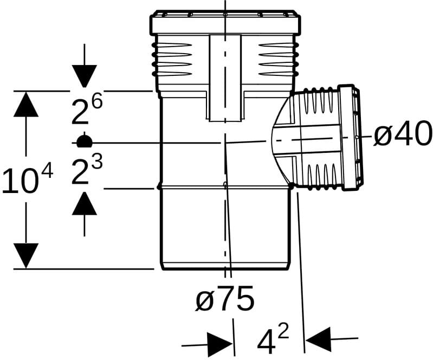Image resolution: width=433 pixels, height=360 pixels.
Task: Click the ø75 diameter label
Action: click(225, 298)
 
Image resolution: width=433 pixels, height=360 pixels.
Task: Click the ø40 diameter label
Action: click(403, 134)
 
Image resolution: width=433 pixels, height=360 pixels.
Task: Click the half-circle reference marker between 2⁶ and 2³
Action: click(84, 140)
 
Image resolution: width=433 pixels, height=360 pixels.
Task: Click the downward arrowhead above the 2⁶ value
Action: click(84, 76)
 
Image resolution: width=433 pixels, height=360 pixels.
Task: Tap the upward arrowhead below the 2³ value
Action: click(84, 203)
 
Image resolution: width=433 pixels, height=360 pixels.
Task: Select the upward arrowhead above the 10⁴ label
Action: click(25, 104)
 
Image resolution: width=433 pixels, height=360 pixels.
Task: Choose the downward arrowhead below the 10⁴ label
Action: click(25, 255)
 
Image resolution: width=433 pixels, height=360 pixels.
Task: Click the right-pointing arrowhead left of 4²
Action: click(220, 344)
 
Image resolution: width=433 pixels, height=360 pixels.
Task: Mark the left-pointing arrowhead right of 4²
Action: click(318, 339)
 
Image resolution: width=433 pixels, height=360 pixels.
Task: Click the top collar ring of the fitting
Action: click(225, 23)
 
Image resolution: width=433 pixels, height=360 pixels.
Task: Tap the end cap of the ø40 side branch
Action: click(350, 137)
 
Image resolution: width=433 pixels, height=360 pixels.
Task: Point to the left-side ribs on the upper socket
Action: click(171, 59)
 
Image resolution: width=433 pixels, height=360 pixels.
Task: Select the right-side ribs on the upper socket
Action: click(279, 59)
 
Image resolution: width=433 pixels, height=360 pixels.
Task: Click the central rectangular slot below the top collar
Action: click(225, 78)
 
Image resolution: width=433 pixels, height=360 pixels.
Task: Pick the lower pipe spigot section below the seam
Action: click(225, 228)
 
